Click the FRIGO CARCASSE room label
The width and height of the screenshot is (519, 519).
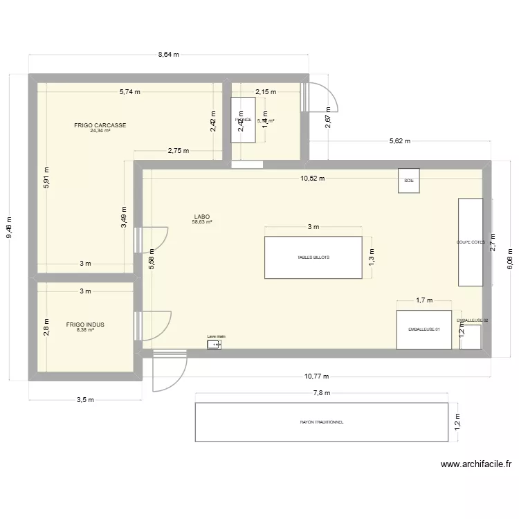pos(100,125)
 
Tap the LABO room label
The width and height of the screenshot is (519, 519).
pos(202,216)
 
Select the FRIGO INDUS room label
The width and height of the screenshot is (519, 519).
pos(85,324)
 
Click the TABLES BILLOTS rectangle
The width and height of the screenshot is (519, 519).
pos(313,257)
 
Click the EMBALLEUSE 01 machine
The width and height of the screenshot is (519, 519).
pos(424,330)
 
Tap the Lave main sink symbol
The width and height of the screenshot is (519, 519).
pos(214,344)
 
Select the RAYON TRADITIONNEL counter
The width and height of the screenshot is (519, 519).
pos(322,421)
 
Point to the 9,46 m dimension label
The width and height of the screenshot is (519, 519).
pos(10,227)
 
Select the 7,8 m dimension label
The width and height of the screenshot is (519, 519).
pos(322,393)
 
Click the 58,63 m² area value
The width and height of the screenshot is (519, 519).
pos(202,222)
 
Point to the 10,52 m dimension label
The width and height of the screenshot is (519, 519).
pos(311,178)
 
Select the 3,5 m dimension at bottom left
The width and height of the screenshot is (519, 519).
pos(84,400)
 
